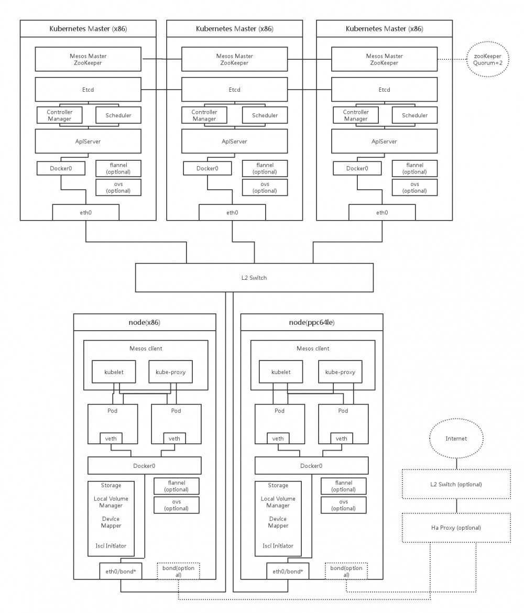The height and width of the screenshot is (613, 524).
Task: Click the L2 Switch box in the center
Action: click(255, 278)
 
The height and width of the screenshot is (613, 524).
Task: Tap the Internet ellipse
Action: click(455, 438)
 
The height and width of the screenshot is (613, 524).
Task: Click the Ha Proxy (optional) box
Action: click(455, 528)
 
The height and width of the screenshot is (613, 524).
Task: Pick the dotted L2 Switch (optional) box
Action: click(455, 484)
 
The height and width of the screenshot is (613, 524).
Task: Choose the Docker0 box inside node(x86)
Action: click(144, 465)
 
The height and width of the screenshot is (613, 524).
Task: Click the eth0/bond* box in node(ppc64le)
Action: click(288, 571)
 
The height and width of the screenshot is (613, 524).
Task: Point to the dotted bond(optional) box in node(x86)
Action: click(178, 571)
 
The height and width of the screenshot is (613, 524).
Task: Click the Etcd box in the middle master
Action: click(234, 90)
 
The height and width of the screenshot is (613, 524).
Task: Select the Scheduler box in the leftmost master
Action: click(118, 115)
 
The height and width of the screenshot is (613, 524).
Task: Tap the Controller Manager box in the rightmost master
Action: click(355, 115)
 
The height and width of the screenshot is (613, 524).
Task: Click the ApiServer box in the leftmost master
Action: click(88, 141)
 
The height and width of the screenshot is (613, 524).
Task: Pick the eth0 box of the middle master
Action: click(232, 212)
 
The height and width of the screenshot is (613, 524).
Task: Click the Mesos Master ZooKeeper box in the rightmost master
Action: click(384, 59)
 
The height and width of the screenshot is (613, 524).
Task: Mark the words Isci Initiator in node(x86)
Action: click(111, 545)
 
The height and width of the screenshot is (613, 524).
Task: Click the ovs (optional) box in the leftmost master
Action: click(118, 187)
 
